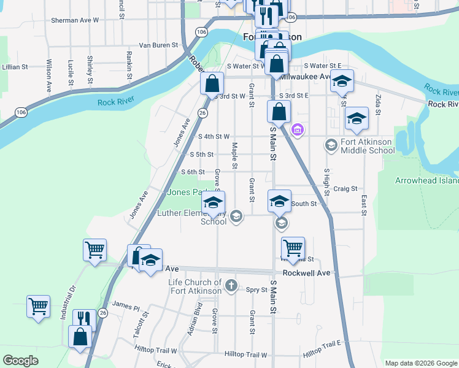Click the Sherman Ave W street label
tap(75, 20)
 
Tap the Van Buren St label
tap(158, 45)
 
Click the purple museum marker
tap(298, 129)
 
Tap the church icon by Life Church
tap(231, 285)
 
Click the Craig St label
tap(345, 190)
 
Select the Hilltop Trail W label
tap(245, 355)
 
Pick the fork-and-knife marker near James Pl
tap(84, 319)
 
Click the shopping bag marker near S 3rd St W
tap(212, 83)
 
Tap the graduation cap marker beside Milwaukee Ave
tap(342, 80)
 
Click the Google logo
tap(21, 361)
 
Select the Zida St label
tap(378, 105)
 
